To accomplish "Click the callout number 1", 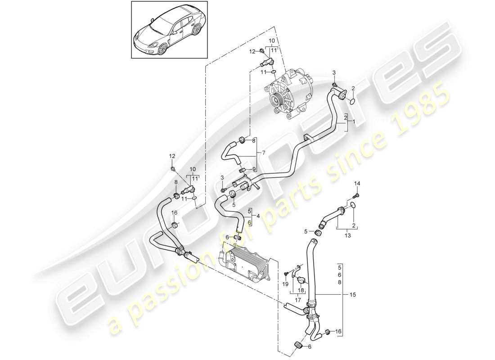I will coord(353,122).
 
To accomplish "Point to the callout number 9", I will coord(254,169).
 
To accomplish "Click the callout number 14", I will coord(357,183).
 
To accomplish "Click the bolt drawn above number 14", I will coord(355,195).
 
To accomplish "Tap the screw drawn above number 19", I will coord(286,274).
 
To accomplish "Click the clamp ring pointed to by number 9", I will coord(243,170).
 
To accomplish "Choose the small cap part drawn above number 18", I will coord(299,280).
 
